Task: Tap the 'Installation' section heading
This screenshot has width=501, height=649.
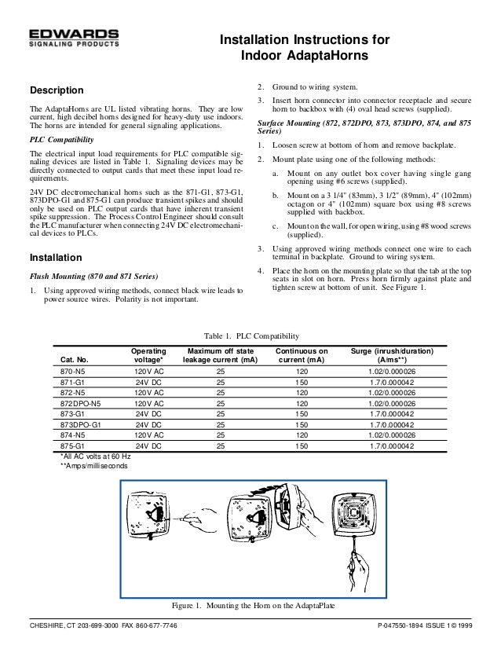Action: tap(55, 257)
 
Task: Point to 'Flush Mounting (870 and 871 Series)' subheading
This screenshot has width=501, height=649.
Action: tap(93, 277)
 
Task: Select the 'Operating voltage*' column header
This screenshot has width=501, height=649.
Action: tap(148, 353)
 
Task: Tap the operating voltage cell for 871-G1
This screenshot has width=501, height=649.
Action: tap(148, 380)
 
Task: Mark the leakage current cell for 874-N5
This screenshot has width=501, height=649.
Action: tap(220, 434)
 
